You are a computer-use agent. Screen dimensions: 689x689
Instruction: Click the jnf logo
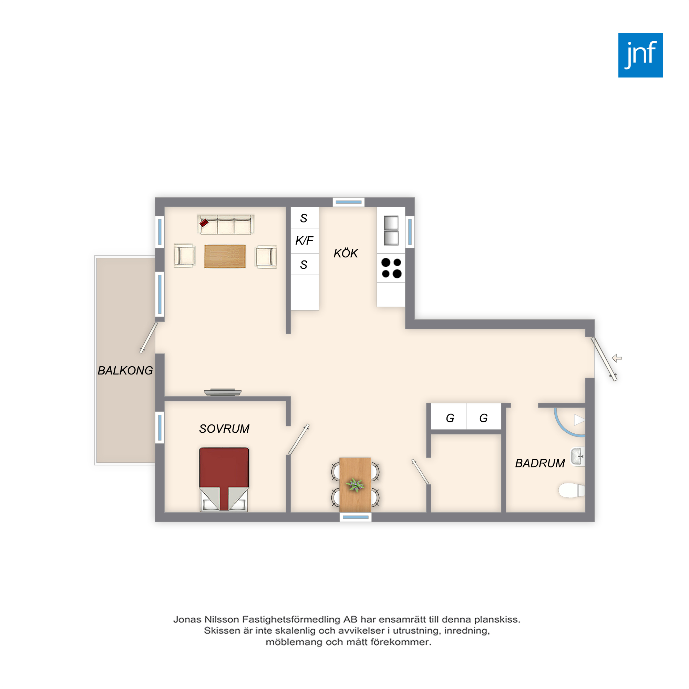[x=640, y=55]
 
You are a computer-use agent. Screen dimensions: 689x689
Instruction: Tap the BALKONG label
[x=125, y=371]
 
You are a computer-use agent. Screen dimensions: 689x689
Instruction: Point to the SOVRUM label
[x=224, y=429]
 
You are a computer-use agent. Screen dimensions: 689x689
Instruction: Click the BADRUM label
[x=540, y=463]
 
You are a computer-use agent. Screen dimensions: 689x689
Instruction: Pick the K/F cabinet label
[x=304, y=241]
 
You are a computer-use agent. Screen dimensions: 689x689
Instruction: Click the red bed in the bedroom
[x=224, y=479]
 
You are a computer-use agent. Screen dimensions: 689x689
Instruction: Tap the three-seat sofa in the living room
[x=226, y=224]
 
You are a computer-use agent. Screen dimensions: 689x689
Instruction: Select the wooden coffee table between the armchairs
[x=225, y=256]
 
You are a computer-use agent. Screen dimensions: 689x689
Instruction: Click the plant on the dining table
[x=355, y=485]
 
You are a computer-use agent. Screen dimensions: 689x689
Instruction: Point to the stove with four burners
[x=391, y=268]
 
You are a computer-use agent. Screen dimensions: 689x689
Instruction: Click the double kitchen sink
[x=391, y=230]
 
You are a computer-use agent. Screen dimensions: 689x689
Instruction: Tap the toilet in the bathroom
[x=572, y=490]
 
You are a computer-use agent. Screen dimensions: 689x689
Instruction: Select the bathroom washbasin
[x=578, y=457]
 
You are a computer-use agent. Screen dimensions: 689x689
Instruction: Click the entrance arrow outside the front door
[x=617, y=358]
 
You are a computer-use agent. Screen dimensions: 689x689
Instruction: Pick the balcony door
[x=149, y=338]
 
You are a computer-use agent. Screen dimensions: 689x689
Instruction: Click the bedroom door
[x=298, y=439]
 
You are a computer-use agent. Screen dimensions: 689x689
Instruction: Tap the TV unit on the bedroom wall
[x=223, y=392]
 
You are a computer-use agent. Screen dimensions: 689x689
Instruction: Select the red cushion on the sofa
[x=204, y=223]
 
